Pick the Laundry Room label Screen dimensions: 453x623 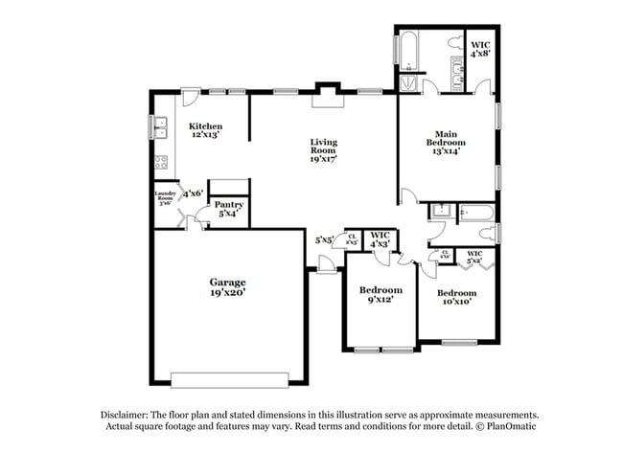point(165,198)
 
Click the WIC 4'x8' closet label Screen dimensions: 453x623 point(480,49)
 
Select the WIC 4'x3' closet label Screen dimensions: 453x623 point(381,239)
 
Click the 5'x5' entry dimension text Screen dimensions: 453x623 point(324,240)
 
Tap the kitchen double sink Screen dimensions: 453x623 point(160,125)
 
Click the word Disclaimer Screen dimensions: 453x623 point(128,415)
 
